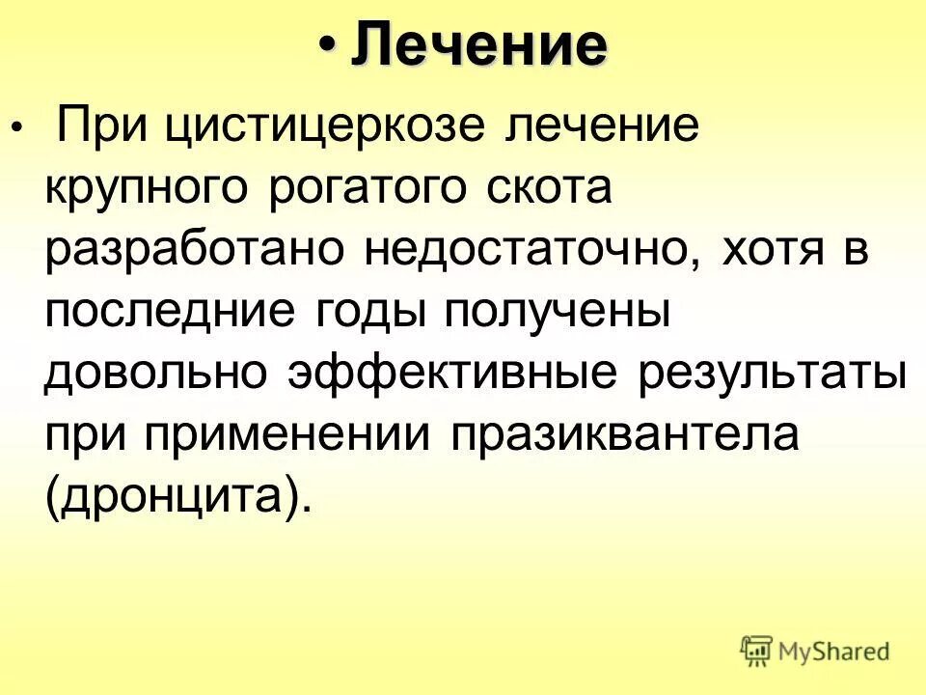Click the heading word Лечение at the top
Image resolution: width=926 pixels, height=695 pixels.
[x=479, y=44]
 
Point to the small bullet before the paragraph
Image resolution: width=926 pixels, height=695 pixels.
[x=14, y=127]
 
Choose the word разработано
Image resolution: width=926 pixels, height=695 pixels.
[x=196, y=252]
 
